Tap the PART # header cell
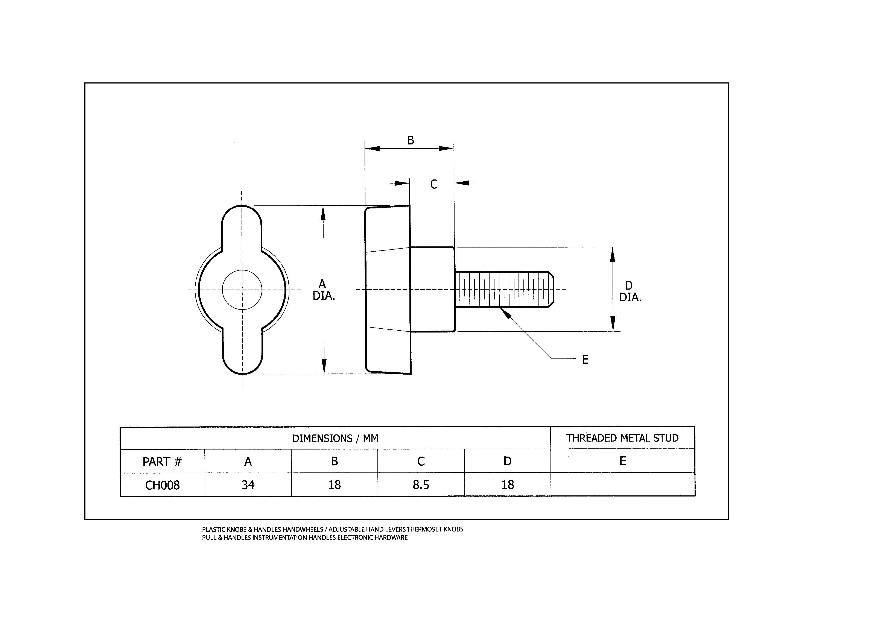[162, 461]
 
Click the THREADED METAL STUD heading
[622, 438]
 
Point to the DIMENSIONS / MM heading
[335, 438]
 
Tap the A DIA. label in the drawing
[324, 290]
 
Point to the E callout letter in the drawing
[585, 360]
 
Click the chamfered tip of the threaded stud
[551, 289]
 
